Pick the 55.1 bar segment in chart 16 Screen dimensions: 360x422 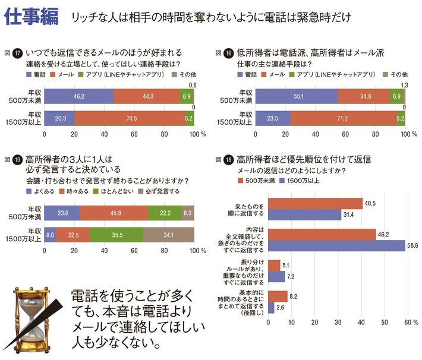point(296,95)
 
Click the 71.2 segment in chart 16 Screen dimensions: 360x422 point(344,118)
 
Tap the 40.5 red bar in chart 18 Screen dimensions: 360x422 point(316,203)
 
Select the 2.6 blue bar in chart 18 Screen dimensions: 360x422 point(272,308)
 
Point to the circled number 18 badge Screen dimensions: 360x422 point(230,160)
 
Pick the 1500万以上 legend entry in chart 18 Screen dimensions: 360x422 point(301,180)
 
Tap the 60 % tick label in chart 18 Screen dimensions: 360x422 point(410,323)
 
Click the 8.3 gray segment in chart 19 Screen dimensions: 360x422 point(188,211)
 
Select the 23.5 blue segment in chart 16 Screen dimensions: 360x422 point(272,118)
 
